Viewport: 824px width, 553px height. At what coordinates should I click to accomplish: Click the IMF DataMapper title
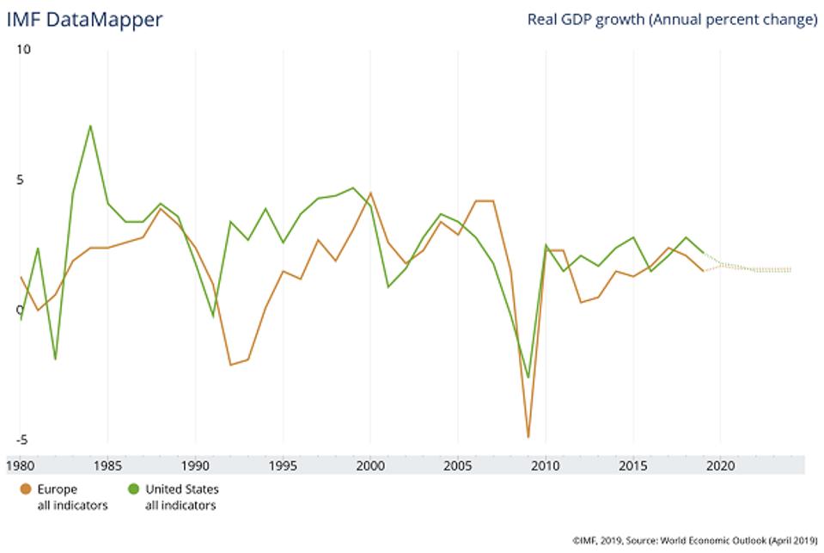pyautogui.click(x=84, y=19)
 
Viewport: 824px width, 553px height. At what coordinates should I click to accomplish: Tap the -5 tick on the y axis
pyautogui.click(x=22, y=439)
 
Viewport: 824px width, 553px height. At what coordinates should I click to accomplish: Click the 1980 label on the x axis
pyautogui.click(x=20, y=466)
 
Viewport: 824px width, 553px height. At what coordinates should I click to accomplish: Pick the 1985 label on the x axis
pyautogui.click(x=107, y=466)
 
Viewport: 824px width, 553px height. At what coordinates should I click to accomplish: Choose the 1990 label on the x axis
pyautogui.click(x=195, y=466)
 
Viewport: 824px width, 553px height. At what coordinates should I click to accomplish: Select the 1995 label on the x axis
pyautogui.click(x=283, y=466)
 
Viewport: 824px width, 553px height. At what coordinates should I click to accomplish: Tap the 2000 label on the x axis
pyautogui.click(x=370, y=466)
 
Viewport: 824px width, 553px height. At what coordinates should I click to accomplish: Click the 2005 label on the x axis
pyautogui.click(x=458, y=466)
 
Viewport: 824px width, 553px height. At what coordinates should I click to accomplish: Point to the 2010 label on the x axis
pyautogui.click(x=545, y=466)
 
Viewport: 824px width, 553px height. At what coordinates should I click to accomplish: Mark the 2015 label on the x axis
pyautogui.click(x=632, y=466)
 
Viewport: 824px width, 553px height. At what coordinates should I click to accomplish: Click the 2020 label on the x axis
pyautogui.click(x=720, y=466)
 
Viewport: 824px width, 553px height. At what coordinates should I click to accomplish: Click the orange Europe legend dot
pyautogui.click(x=26, y=489)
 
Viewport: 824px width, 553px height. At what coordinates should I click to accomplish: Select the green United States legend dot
pyautogui.click(x=135, y=489)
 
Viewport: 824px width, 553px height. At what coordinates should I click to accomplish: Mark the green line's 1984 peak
pyautogui.click(x=90, y=126)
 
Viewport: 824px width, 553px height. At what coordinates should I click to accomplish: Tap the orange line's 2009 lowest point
pyautogui.click(x=528, y=437)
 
